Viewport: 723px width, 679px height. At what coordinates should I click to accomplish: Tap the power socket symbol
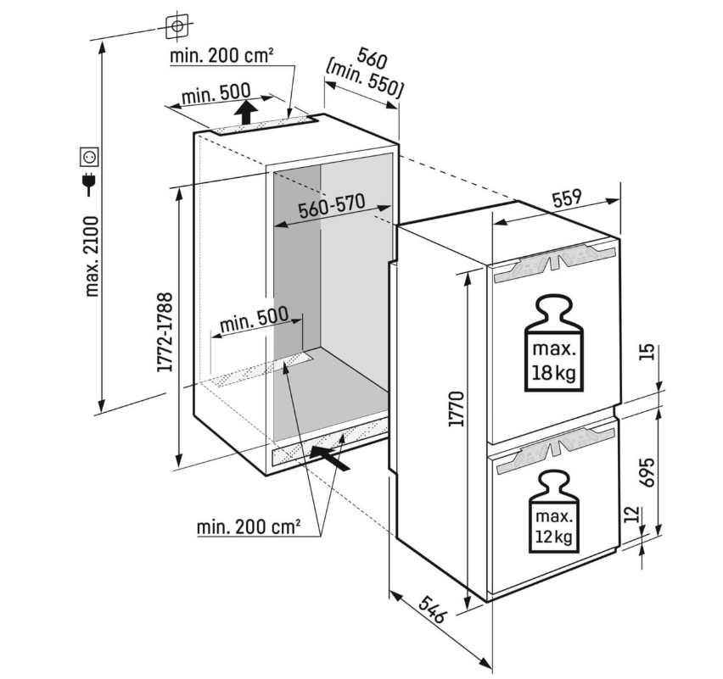click(x=89, y=156)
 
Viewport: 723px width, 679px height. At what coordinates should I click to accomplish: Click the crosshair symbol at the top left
click(x=177, y=26)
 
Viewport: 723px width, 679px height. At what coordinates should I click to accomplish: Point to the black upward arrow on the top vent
click(x=245, y=111)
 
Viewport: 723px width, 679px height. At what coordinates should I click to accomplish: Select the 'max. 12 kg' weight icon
click(x=553, y=514)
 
